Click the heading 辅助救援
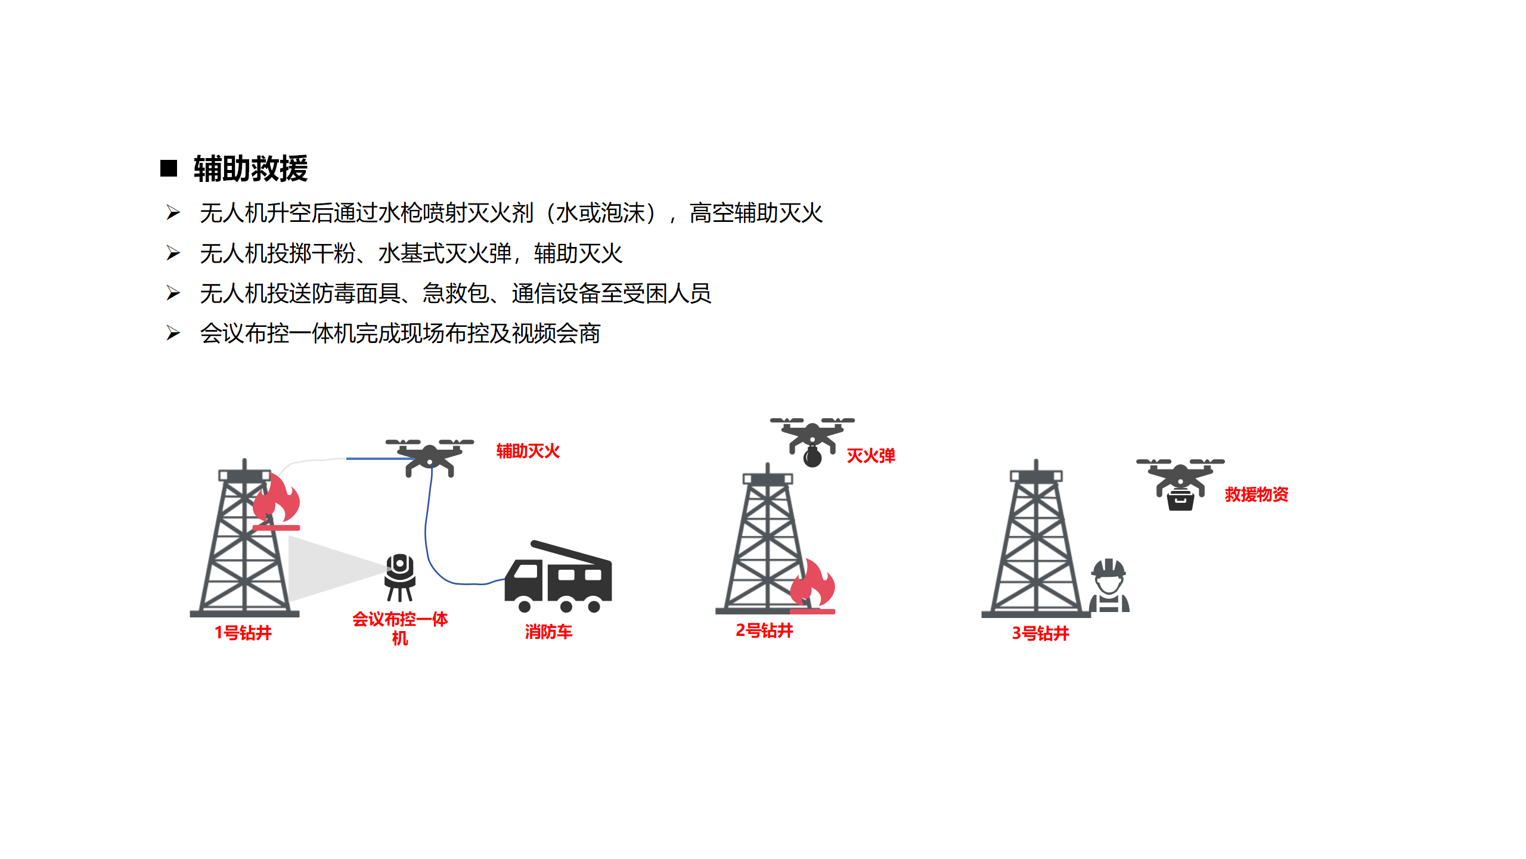250,169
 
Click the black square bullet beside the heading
169,168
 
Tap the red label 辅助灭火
528,451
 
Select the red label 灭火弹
871,456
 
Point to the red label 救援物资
1257,494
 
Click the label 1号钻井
243,632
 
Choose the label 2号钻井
764,630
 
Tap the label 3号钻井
1040,633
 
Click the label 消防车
548,632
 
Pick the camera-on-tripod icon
400,577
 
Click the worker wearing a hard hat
1109,585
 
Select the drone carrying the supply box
1180,484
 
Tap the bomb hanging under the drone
812,457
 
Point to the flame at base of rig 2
812,585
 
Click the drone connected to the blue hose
430,457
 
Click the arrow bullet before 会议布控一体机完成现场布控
173,333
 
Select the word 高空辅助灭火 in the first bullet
756,213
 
